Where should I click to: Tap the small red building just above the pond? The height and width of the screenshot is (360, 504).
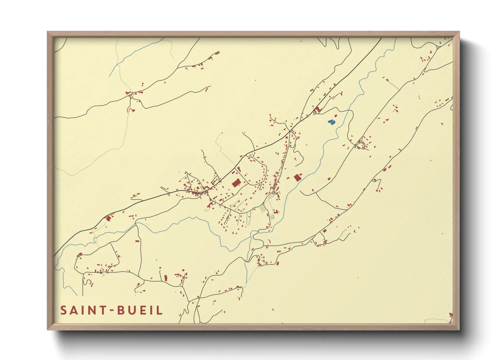pyautogui.click(x=335, y=116)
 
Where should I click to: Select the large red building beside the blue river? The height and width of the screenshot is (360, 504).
pyautogui.click(x=297, y=177)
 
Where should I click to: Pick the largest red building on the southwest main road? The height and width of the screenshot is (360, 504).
pyautogui.click(x=109, y=218)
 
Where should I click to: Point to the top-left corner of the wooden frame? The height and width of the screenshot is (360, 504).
pyautogui.click(x=48, y=32)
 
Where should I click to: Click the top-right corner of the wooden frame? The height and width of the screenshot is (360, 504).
pyautogui.click(x=459, y=32)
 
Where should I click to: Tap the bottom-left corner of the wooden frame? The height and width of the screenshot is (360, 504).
pyautogui.click(x=48, y=329)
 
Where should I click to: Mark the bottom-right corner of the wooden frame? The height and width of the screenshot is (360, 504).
pyautogui.click(x=459, y=329)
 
